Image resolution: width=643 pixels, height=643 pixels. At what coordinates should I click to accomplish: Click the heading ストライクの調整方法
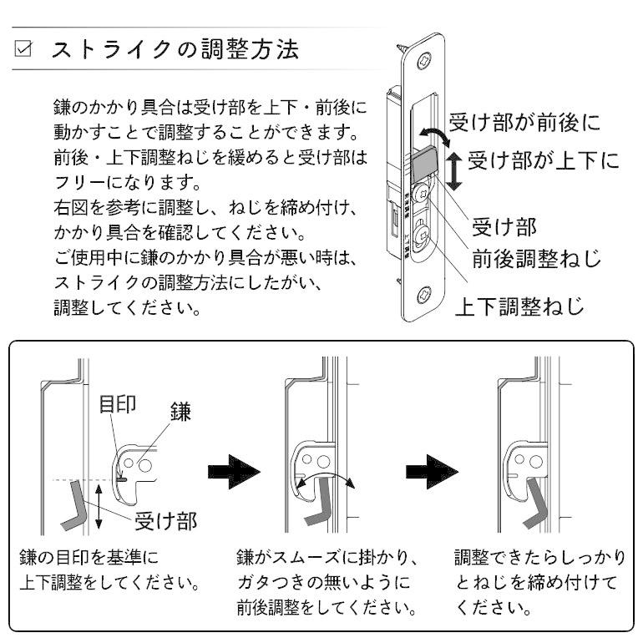[175, 48]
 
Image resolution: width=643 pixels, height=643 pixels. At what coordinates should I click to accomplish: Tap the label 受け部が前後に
[524, 123]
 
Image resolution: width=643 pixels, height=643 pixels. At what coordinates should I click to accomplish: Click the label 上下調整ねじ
[518, 306]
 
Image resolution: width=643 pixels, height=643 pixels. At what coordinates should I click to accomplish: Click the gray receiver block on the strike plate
[425, 164]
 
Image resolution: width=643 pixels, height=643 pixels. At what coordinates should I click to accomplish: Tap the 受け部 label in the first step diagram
[166, 522]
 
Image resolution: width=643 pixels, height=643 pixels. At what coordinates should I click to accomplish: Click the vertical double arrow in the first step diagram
[99, 504]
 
